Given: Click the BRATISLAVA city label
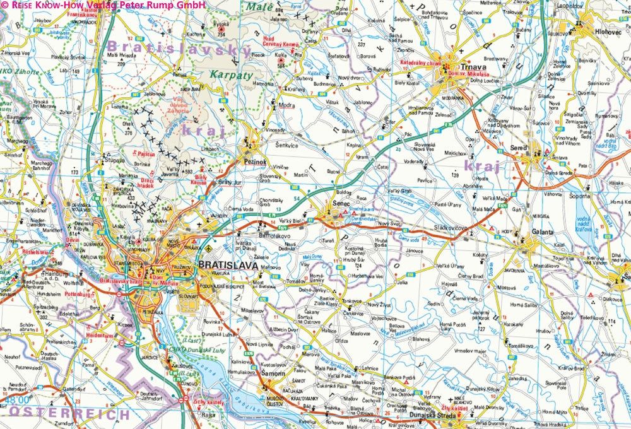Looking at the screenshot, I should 228,266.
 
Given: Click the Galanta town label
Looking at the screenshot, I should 542,232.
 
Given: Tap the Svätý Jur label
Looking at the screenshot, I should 230,182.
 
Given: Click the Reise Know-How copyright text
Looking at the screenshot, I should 104,6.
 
